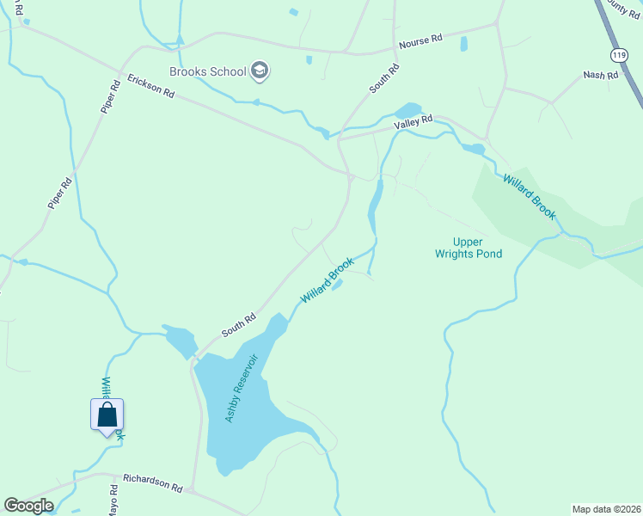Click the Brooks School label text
click(207, 71)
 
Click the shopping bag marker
click(107, 415)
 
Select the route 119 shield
click(618, 54)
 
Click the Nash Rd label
click(601, 76)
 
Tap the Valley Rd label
click(413, 124)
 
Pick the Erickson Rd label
click(151, 86)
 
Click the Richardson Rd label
click(152, 482)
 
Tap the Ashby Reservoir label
click(242, 387)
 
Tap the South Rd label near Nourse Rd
click(384, 78)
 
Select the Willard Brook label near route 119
click(530, 197)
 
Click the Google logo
click(28, 505)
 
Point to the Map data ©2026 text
click(606, 509)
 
